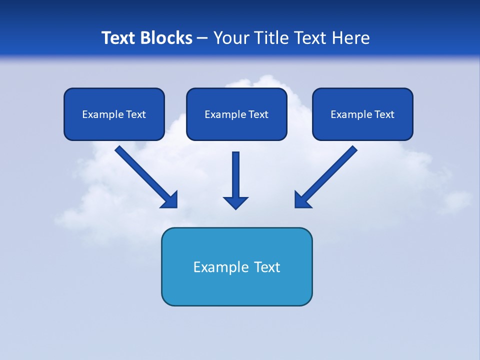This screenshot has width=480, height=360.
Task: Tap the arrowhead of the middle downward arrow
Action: [235, 202]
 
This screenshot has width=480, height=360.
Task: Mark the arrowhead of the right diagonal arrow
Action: [301, 200]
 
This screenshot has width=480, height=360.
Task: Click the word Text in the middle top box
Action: [258, 114]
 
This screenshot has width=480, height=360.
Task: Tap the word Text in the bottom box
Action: [267, 267]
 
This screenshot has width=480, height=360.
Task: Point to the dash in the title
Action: [202, 38]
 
